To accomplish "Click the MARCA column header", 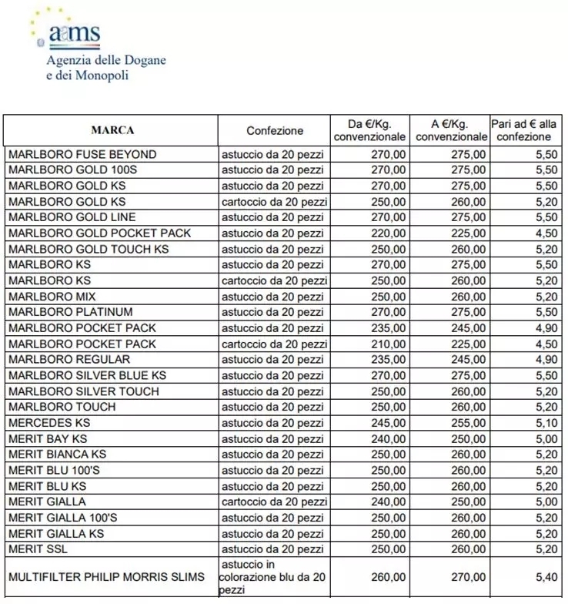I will (112, 130).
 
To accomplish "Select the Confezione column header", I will (275, 130).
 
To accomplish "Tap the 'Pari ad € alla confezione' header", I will (527, 130).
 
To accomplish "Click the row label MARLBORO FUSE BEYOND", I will (82, 155).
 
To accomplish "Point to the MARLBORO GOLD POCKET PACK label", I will (99, 233).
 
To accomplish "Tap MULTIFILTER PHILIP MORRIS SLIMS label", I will (106, 577).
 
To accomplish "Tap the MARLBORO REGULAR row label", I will (69, 360).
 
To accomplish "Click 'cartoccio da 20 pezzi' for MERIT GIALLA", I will (275, 502).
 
